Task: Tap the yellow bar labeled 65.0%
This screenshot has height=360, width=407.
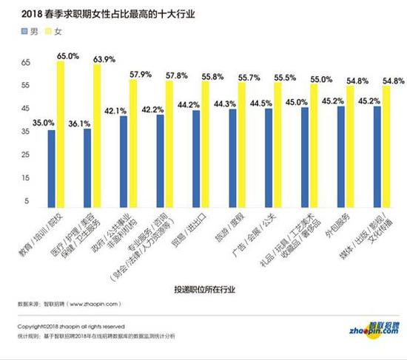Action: point(60,133)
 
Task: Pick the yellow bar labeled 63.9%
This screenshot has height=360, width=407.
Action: point(96,135)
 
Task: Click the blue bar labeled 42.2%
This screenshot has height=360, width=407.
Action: point(160,160)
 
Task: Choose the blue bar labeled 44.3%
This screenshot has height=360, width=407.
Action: point(232,157)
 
